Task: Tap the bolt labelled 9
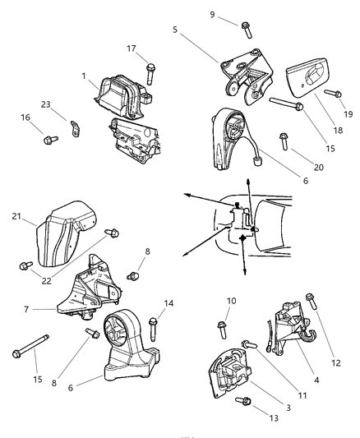(x=246, y=30)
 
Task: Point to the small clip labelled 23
(x=75, y=127)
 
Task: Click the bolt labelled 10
(x=222, y=329)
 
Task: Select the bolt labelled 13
(x=243, y=402)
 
